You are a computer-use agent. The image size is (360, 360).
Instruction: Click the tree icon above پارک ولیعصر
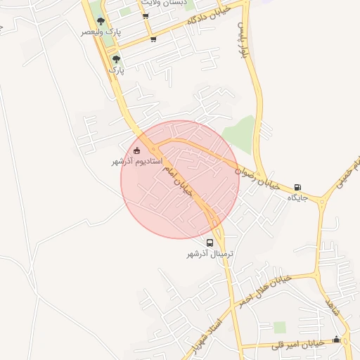pos(101,22)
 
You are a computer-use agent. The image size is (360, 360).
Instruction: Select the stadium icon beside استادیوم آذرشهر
pos(136,150)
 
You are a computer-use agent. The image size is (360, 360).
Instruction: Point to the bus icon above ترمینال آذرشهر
pos(210,243)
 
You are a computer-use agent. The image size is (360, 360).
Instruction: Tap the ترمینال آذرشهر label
pos(210,254)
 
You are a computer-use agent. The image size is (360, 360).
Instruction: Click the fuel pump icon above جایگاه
pos(298,187)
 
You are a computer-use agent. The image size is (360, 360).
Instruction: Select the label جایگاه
pos(298,198)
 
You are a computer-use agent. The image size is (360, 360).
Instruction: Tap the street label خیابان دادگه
pos(210,13)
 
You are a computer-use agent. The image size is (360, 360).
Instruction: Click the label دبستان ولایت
pos(164,4)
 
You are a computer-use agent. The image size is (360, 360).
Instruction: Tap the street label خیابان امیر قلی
pos(302,344)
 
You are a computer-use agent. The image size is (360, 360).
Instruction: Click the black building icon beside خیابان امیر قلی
pos(335,340)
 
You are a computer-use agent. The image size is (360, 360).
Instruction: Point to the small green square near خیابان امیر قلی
pos(280,327)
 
